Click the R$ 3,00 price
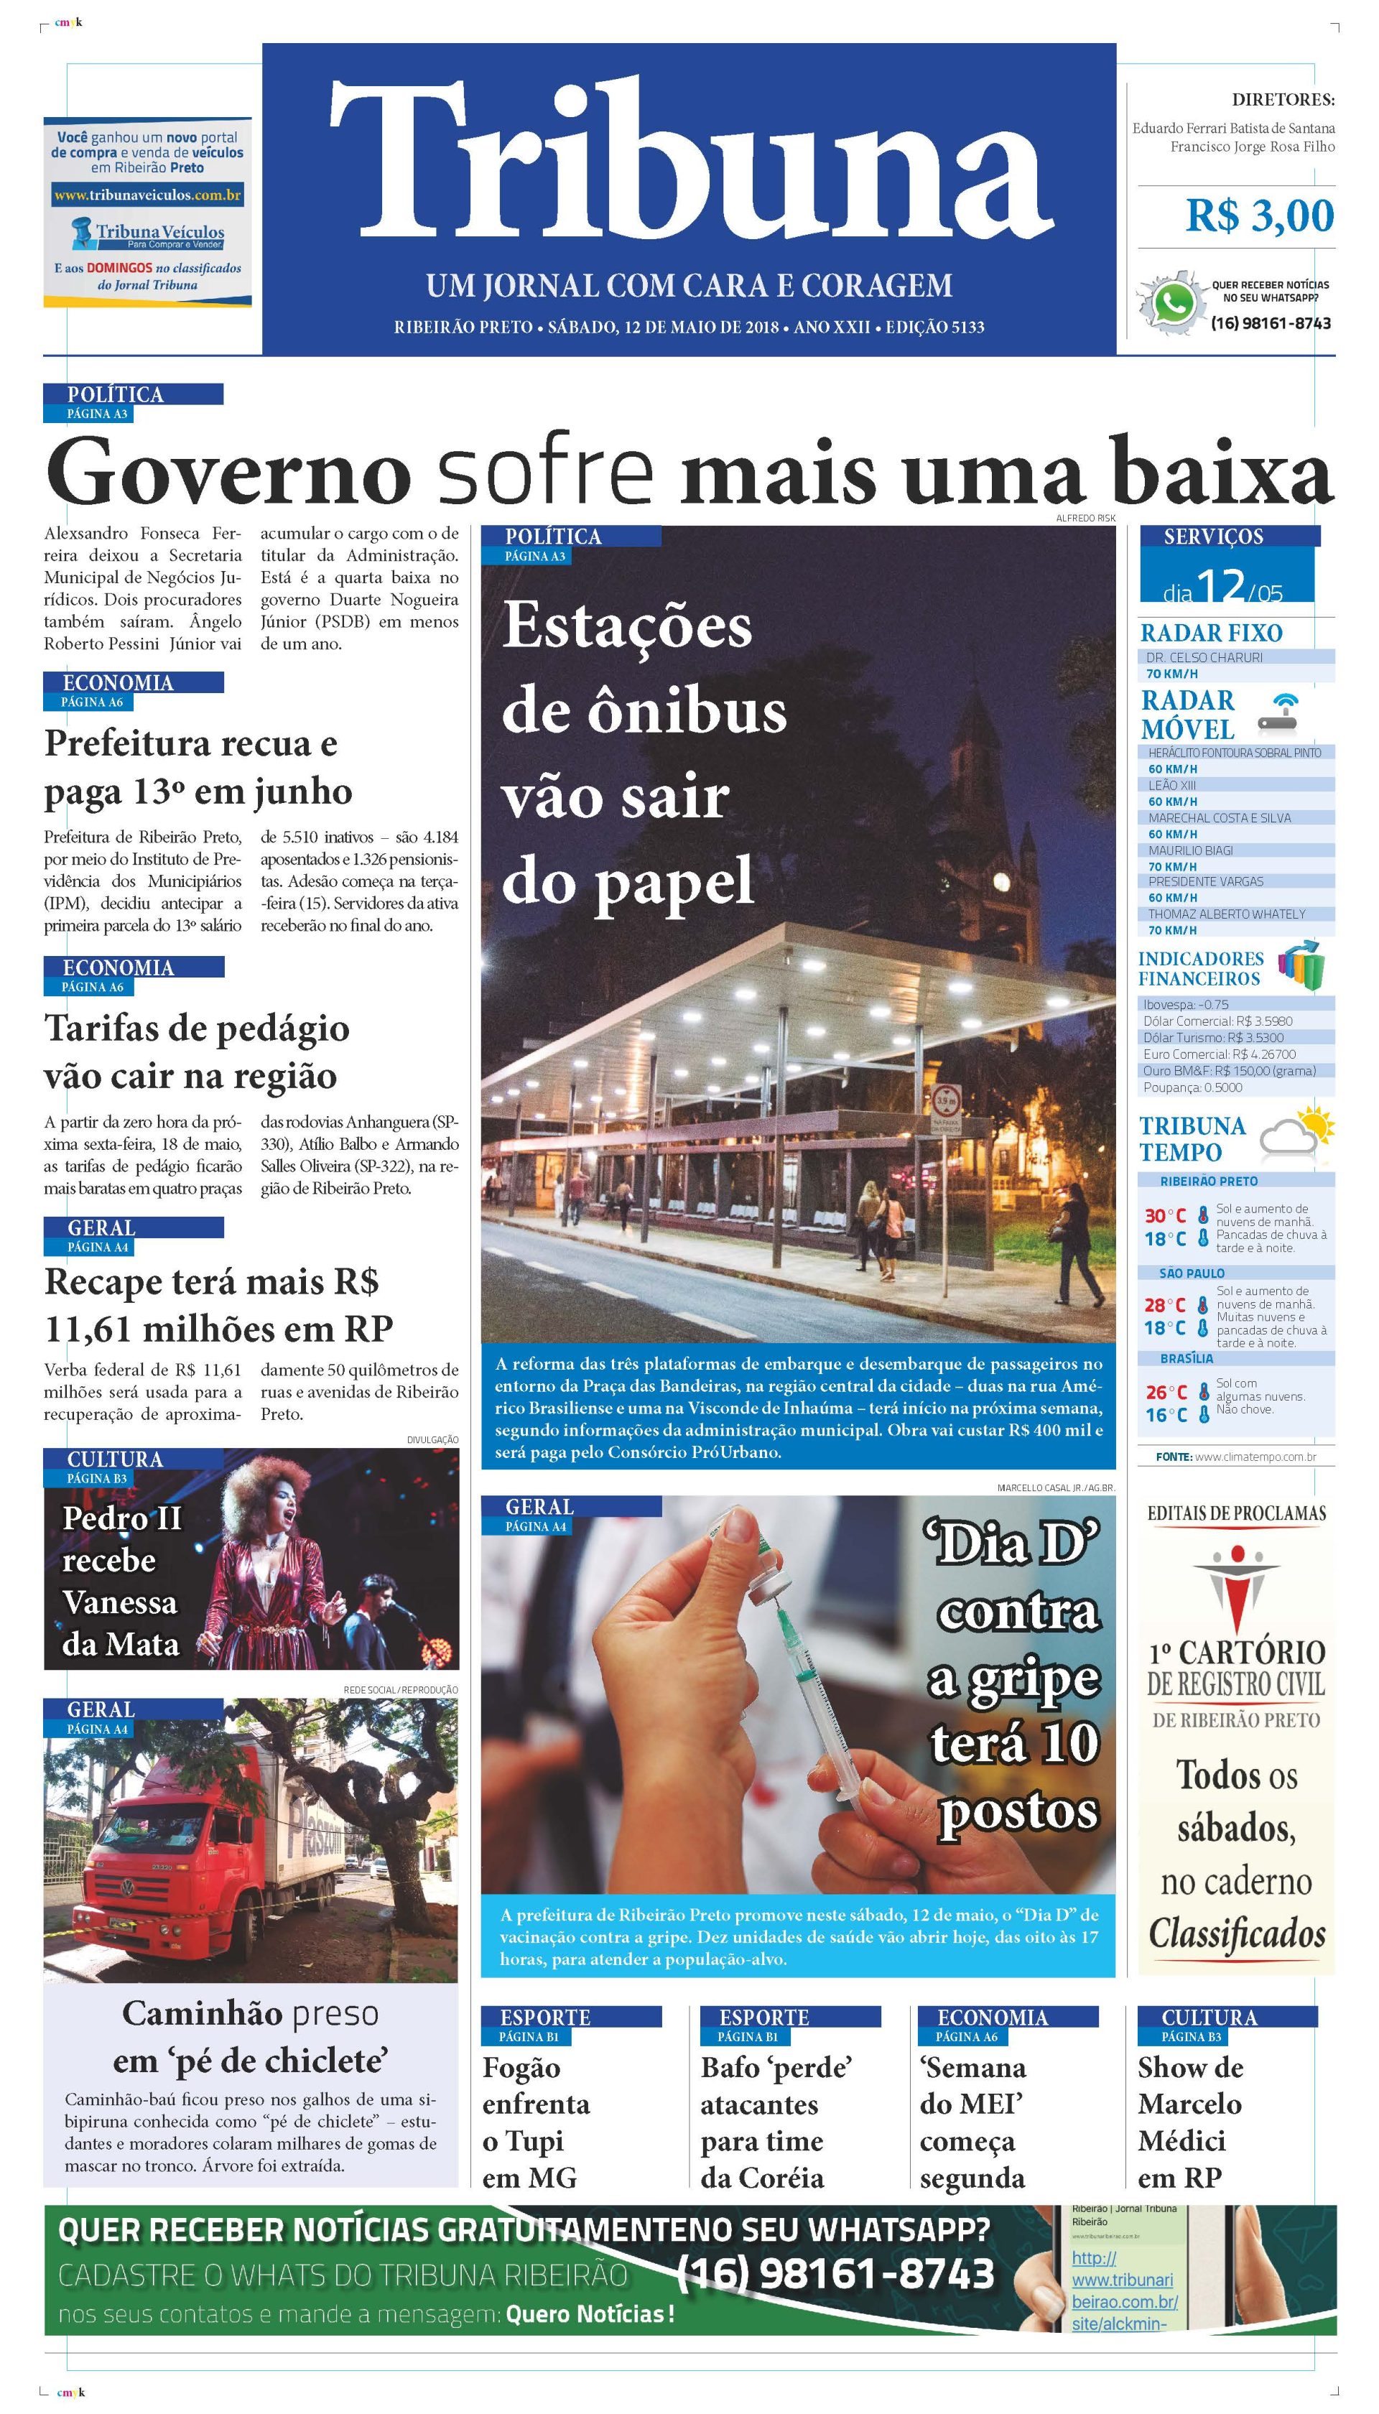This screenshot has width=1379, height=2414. tap(1259, 217)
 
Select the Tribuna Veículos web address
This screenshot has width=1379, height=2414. tap(148, 196)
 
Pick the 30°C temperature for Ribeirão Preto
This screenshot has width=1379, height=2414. tap(1165, 1216)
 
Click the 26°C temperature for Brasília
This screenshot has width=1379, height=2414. tap(1165, 1392)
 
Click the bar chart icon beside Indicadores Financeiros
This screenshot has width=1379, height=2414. tap(1301, 966)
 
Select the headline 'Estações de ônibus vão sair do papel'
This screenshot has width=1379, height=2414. tap(644, 753)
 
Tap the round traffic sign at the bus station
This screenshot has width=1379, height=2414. tap(947, 1101)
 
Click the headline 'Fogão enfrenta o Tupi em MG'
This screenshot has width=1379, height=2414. tap(536, 2122)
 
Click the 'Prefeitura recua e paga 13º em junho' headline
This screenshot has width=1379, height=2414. tap(199, 767)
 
